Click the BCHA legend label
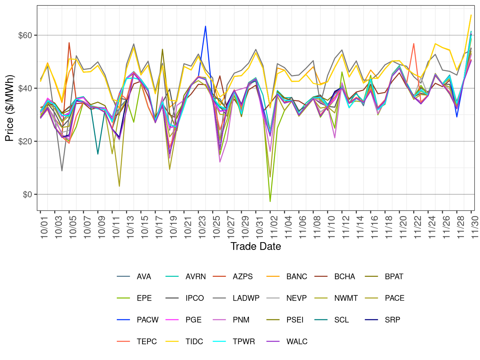click(344, 276)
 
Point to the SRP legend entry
click(392, 320)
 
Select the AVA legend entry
click(144, 276)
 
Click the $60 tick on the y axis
click(25, 35)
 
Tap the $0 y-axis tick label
click(27, 194)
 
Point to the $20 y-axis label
click(25, 141)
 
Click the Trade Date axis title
click(255, 246)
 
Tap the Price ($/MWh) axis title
click(10, 108)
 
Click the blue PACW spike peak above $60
click(205, 26)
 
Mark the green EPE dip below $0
click(270, 201)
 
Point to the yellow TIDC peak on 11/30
click(471, 15)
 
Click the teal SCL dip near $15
click(98, 154)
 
